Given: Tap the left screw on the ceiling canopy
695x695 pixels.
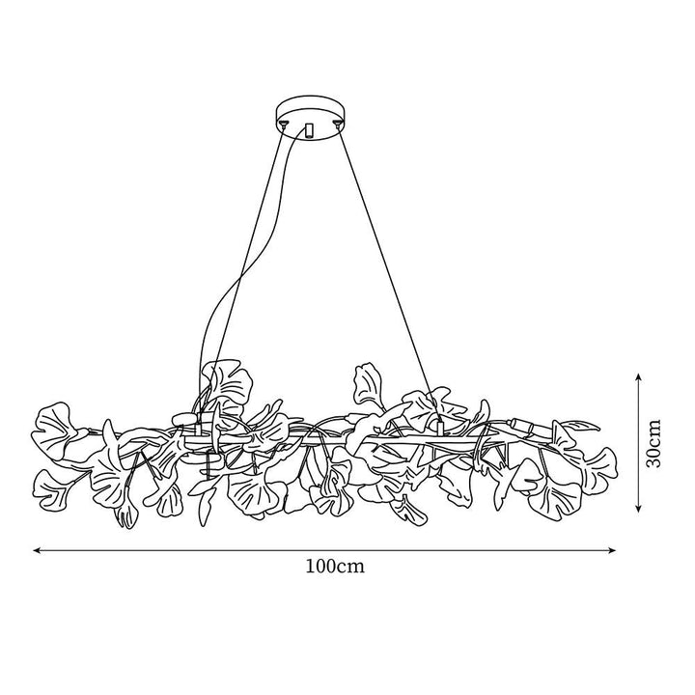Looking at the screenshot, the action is (x=283, y=124).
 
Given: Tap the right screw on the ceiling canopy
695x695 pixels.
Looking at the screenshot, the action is (x=338, y=124).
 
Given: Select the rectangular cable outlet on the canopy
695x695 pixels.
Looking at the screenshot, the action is (x=309, y=130).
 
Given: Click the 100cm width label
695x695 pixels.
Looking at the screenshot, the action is (x=335, y=567).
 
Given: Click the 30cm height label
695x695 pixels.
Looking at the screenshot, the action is (x=653, y=442).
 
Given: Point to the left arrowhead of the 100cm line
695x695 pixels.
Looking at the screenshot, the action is (x=38, y=550).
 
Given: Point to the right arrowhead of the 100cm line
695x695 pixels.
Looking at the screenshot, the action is (x=612, y=550).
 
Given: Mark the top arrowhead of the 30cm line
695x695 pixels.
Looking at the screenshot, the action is (x=638, y=376).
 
